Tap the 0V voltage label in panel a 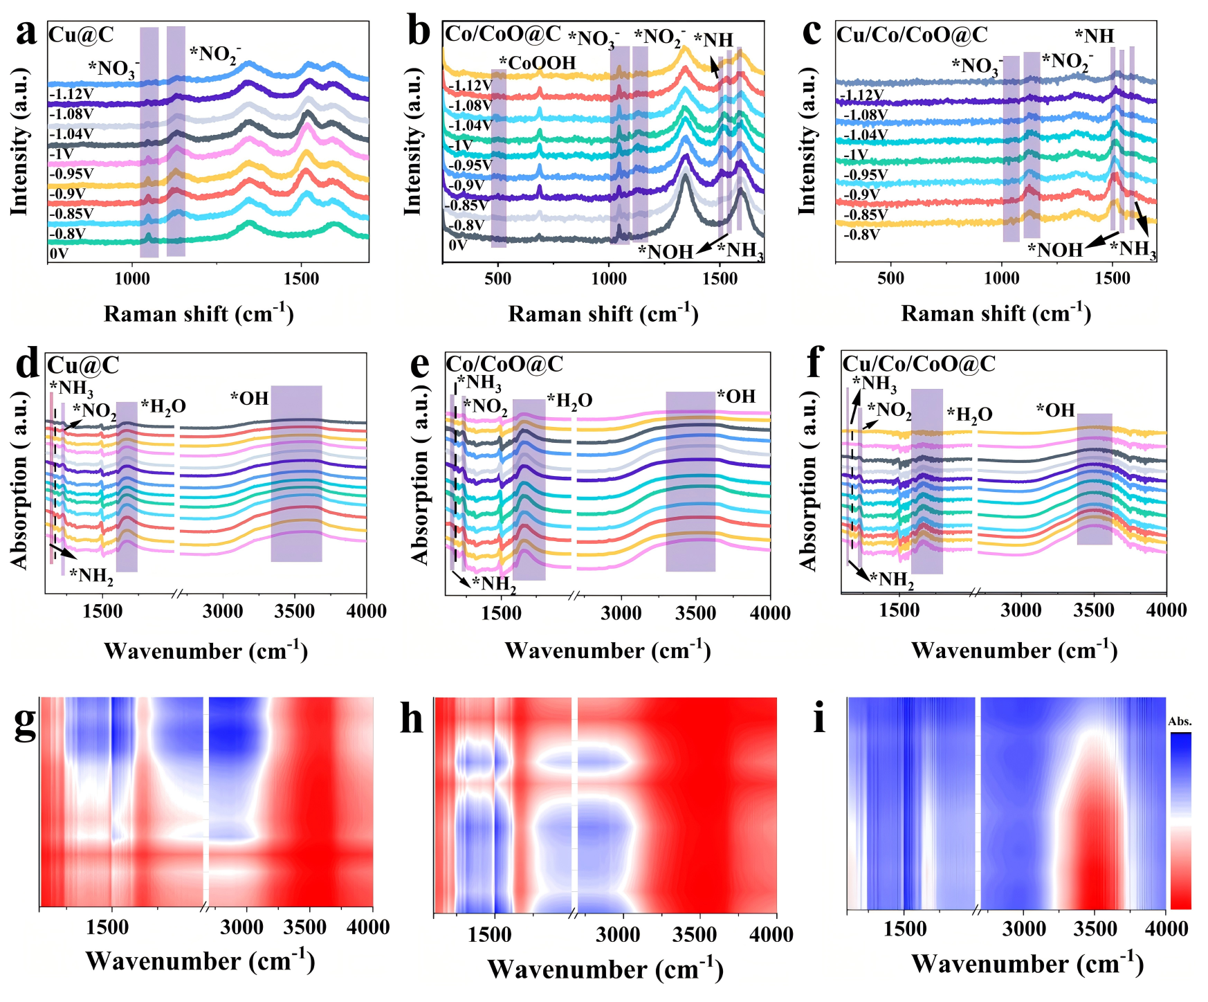(x=59, y=254)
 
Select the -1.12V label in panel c (x=861, y=95)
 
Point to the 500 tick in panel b (x=497, y=279)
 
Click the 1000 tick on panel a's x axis (x=131, y=279)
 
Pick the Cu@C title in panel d (x=83, y=365)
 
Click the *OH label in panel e (x=736, y=397)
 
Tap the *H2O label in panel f (x=969, y=415)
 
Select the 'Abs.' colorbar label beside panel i (x=1180, y=722)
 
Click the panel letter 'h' (x=412, y=720)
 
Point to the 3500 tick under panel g (x=305, y=927)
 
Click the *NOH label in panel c (x=1054, y=250)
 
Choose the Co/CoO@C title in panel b (x=503, y=34)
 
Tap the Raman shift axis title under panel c (x=996, y=313)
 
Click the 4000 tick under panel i (x=1166, y=929)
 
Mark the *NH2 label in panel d (x=91, y=576)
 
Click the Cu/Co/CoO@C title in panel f (x=918, y=363)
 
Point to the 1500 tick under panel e (x=501, y=612)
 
